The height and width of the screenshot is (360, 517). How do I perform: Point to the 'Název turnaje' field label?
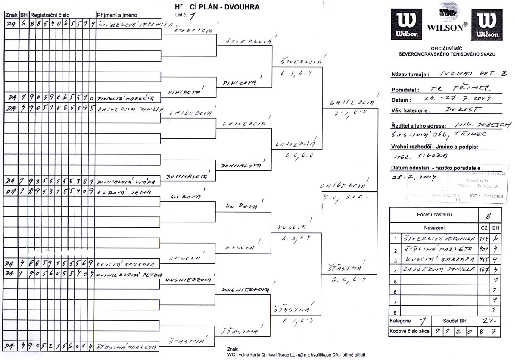point(410,74)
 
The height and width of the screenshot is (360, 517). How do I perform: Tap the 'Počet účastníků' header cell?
point(434,215)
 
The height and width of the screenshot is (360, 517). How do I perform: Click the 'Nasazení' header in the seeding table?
point(434,228)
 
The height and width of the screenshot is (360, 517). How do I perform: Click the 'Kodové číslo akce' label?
point(409,331)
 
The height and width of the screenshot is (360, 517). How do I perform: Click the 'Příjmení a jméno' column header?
point(117,15)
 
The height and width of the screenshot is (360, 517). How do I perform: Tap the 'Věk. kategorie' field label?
point(411,110)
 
